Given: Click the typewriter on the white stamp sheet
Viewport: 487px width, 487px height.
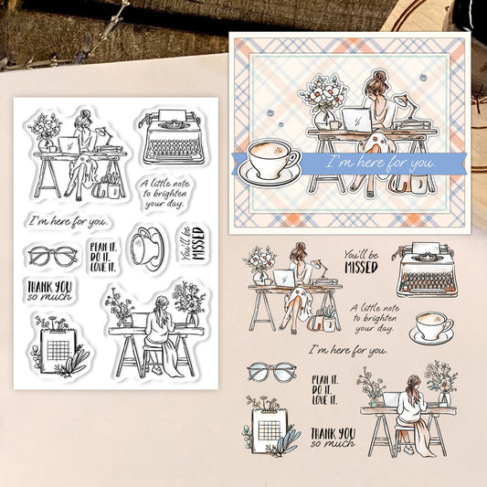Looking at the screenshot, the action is (173, 136).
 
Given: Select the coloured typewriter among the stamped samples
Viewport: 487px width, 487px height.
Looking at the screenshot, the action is (425, 270).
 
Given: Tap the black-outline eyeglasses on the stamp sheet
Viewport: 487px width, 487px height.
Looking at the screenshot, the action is (52, 256).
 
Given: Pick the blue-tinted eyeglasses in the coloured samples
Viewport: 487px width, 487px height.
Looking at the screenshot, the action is (271, 372).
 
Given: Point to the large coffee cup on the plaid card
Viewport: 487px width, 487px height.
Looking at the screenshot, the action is (270, 162).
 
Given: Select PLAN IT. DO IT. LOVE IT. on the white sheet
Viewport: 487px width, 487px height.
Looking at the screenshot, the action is (103, 257).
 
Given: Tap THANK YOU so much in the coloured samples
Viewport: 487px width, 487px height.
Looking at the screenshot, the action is (333, 438).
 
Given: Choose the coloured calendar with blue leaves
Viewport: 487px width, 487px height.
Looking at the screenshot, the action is (270, 426).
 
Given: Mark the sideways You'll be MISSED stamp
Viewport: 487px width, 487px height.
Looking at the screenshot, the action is (193, 244).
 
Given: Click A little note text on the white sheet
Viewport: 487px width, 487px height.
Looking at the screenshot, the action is (164, 193).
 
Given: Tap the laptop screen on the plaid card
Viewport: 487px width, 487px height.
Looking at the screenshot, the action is (356, 120).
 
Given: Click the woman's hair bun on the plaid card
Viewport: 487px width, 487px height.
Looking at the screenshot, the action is (378, 76).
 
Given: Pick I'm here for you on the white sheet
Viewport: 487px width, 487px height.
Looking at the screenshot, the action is (69, 221).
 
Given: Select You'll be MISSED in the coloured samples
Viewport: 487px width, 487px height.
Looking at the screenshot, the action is (362, 262).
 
